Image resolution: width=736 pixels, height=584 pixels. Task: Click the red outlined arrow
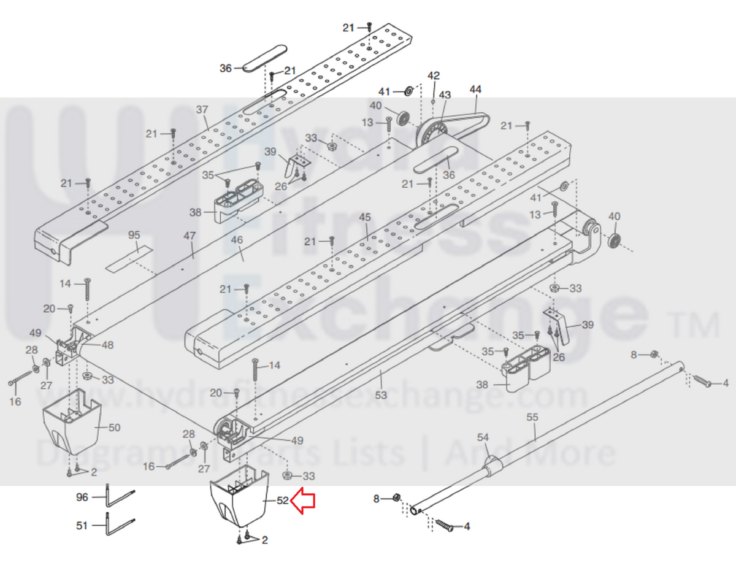(x=302, y=501)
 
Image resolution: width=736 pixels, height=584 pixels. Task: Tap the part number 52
(x=283, y=501)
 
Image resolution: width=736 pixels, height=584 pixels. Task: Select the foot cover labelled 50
(x=72, y=421)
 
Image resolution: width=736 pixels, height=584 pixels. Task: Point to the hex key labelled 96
(x=120, y=497)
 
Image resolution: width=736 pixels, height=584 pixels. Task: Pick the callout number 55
(x=532, y=417)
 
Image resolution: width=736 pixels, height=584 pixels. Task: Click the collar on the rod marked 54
(x=493, y=466)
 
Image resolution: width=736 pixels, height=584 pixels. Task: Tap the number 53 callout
(x=381, y=395)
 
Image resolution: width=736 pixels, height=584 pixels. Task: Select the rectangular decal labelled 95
(x=129, y=259)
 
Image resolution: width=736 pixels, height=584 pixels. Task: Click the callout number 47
(x=190, y=236)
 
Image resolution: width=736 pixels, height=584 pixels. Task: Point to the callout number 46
(x=237, y=240)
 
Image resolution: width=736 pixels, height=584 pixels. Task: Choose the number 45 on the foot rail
(x=364, y=217)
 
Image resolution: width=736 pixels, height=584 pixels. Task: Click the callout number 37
(x=202, y=109)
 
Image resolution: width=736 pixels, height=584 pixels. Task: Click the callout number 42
(x=434, y=75)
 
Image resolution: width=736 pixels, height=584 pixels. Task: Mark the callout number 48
(x=107, y=345)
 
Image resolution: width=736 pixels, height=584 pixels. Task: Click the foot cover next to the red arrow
(x=239, y=495)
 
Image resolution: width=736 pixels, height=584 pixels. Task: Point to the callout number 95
(x=134, y=235)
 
